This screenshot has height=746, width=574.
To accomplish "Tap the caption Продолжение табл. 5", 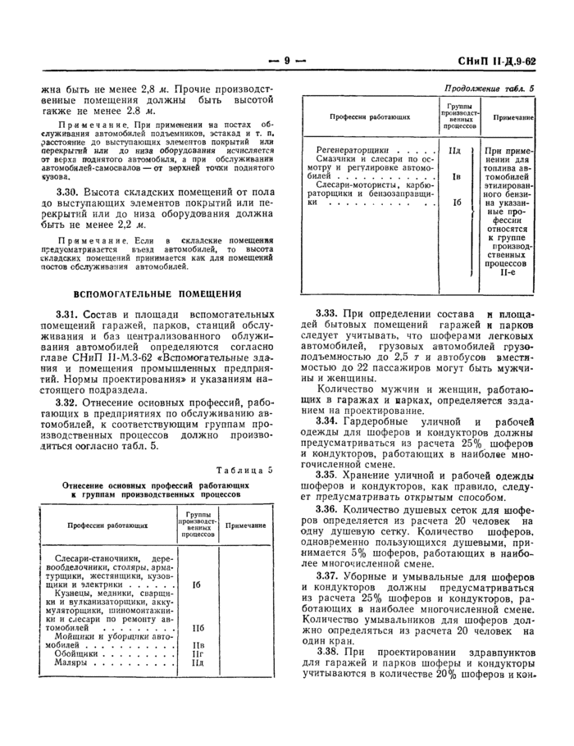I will tap(488, 88).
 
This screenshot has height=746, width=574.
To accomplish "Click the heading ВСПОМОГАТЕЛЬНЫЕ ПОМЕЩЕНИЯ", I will tap(157, 293).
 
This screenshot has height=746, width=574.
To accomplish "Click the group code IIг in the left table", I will tap(197, 653).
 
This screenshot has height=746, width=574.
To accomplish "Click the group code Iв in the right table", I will tap(455, 176).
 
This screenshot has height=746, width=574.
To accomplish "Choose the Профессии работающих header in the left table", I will tap(96, 525).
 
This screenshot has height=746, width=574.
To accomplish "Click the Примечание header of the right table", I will tap(512, 117).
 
